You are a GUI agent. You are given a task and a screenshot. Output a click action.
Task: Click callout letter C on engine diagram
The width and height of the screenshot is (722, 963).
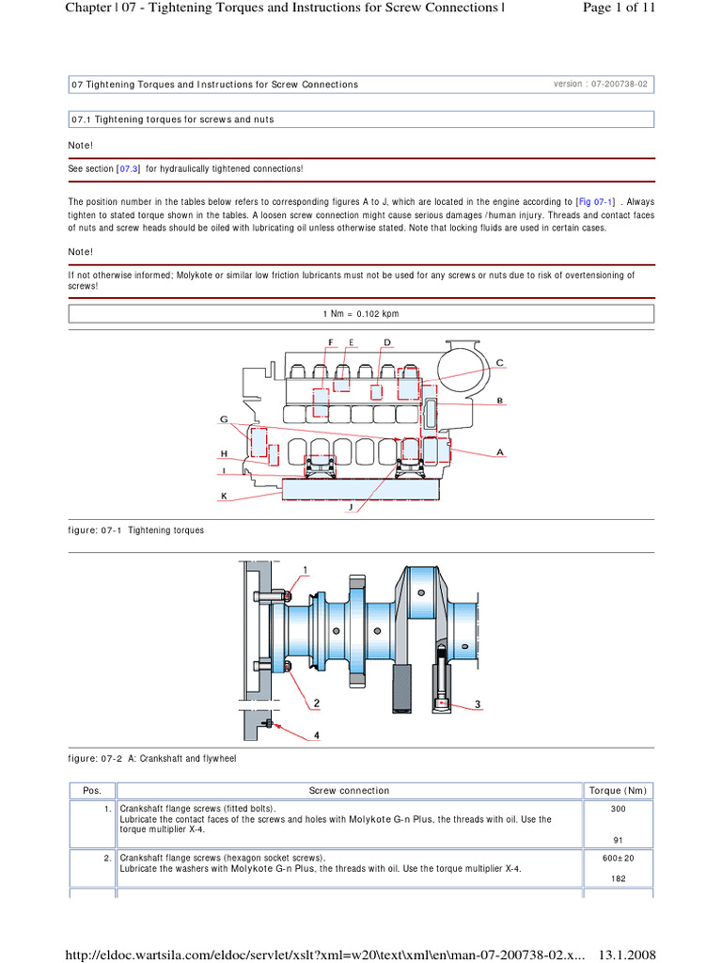coord(499,362)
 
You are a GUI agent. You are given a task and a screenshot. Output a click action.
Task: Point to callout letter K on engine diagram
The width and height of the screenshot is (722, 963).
coord(225,495)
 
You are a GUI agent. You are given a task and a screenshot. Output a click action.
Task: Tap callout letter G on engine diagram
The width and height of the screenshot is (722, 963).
coord(225,418)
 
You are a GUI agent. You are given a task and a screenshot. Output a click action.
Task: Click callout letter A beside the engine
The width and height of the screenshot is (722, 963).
coord(500,451)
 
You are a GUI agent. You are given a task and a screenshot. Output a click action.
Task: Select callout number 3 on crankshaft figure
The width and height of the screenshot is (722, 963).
coord(478,703)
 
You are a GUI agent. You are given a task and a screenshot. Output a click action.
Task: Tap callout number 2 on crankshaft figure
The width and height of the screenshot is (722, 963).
coord(317,703)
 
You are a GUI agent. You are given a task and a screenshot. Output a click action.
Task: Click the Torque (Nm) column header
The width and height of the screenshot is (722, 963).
coord(618,791)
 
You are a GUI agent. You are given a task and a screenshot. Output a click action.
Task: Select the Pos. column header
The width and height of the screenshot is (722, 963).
coord(92,791)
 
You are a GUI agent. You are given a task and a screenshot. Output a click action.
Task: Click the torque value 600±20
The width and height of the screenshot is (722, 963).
coord(618,858)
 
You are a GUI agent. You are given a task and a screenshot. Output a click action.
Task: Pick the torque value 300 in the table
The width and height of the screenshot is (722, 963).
coord(618,808)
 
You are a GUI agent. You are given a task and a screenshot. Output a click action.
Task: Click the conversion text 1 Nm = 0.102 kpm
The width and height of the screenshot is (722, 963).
coord(361,314)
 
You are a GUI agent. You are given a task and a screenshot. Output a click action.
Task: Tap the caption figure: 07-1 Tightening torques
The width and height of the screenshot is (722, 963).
coord(136,530)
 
